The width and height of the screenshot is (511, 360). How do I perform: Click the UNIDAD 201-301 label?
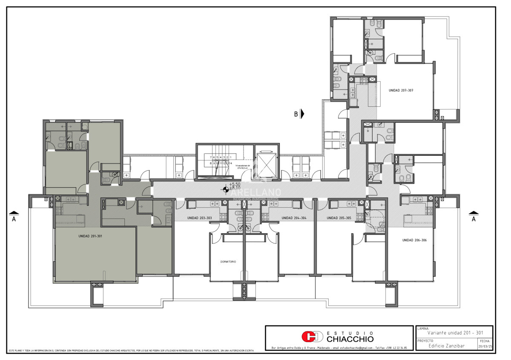(90, 236)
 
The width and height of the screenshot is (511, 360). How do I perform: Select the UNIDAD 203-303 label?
(199, 218)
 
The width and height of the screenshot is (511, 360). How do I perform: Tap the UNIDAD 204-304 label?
(294, 218)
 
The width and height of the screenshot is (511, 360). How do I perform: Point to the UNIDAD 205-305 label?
(339, 218)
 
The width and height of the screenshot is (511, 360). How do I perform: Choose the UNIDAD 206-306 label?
(414, 240)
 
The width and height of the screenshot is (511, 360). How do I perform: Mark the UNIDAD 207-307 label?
(401, 91)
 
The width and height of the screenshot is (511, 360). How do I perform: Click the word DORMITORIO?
(228, 262)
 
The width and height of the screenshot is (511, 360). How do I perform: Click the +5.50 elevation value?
(235, 184)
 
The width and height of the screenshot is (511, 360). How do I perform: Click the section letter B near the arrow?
(296, 114)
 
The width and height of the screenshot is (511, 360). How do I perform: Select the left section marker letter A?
(14, 219)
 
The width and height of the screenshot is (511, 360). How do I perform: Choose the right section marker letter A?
(473, 219)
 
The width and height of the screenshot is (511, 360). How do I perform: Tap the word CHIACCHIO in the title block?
(350, 339)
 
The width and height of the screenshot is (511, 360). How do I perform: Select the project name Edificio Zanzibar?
(447, 346)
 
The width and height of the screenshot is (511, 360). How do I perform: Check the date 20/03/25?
(485, 346)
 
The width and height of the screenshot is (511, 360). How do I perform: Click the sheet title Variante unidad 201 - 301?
(455, 333)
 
